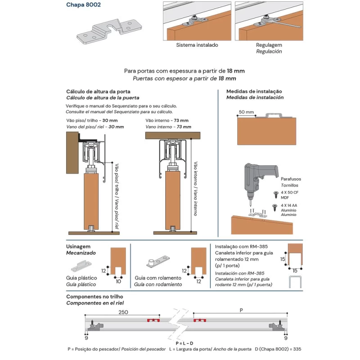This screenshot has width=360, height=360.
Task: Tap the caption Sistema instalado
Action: [x=197, y=45]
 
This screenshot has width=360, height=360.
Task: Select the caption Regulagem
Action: [x=269, y=45]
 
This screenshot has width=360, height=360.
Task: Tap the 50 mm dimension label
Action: [x=247, y=112]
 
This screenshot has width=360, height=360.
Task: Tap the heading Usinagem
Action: [x=78, y=247]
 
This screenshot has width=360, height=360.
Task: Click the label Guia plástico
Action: [x=81, y=278]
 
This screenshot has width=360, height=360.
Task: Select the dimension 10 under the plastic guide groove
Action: [x=118, y=281]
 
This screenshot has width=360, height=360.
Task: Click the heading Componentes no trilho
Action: [x=94, y=297]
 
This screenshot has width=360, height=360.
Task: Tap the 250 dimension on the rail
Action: [x=123, y=312]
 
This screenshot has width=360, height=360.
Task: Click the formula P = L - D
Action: [x=185, y=343]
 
